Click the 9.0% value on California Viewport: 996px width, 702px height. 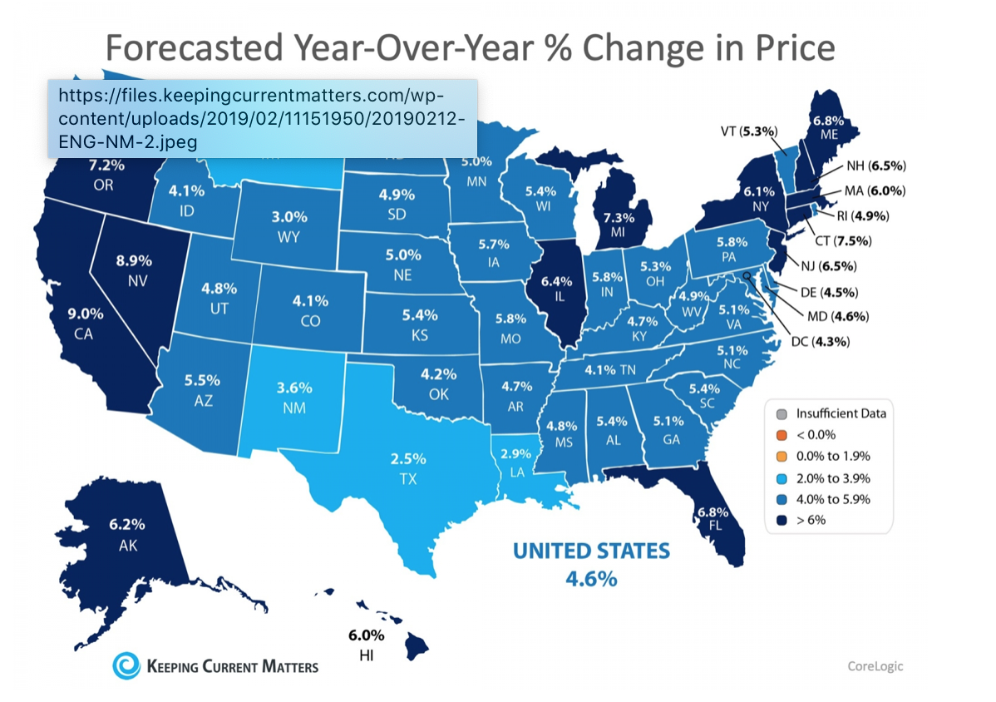click(86, 314)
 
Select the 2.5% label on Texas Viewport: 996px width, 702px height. click(408, 458)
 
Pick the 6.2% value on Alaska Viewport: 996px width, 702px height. click(127, 525)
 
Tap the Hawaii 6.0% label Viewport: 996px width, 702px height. click(366, 636)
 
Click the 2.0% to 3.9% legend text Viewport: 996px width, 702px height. click(833, 477)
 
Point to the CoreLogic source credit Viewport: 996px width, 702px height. click(875, 665)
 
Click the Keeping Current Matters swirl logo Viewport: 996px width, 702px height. click(126, 665)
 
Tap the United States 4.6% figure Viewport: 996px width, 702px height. click(591, 577)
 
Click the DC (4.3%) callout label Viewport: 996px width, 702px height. click(838, 341)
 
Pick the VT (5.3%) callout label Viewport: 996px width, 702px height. click(748, 131)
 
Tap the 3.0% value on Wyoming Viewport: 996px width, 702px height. click(290, 217)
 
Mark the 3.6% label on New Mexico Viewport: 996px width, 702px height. click(294, 388)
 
